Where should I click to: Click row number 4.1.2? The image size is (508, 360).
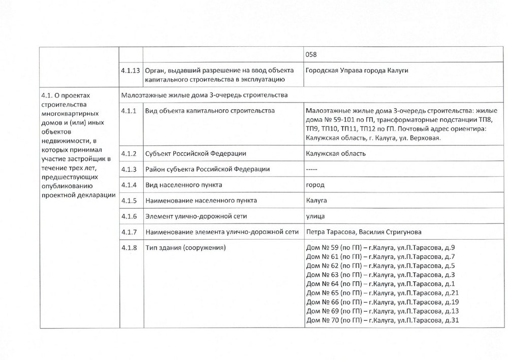coord(129,153)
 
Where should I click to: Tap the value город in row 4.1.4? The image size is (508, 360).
coord(315,184)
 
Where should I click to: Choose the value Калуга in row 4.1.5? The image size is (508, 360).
coord(316,200)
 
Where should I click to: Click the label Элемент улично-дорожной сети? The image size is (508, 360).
coord(196,216)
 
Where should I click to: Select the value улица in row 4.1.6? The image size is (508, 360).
coord(315,216)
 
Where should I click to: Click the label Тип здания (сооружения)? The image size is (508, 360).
coord(185,248)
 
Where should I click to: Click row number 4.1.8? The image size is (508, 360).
coord(129,248)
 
